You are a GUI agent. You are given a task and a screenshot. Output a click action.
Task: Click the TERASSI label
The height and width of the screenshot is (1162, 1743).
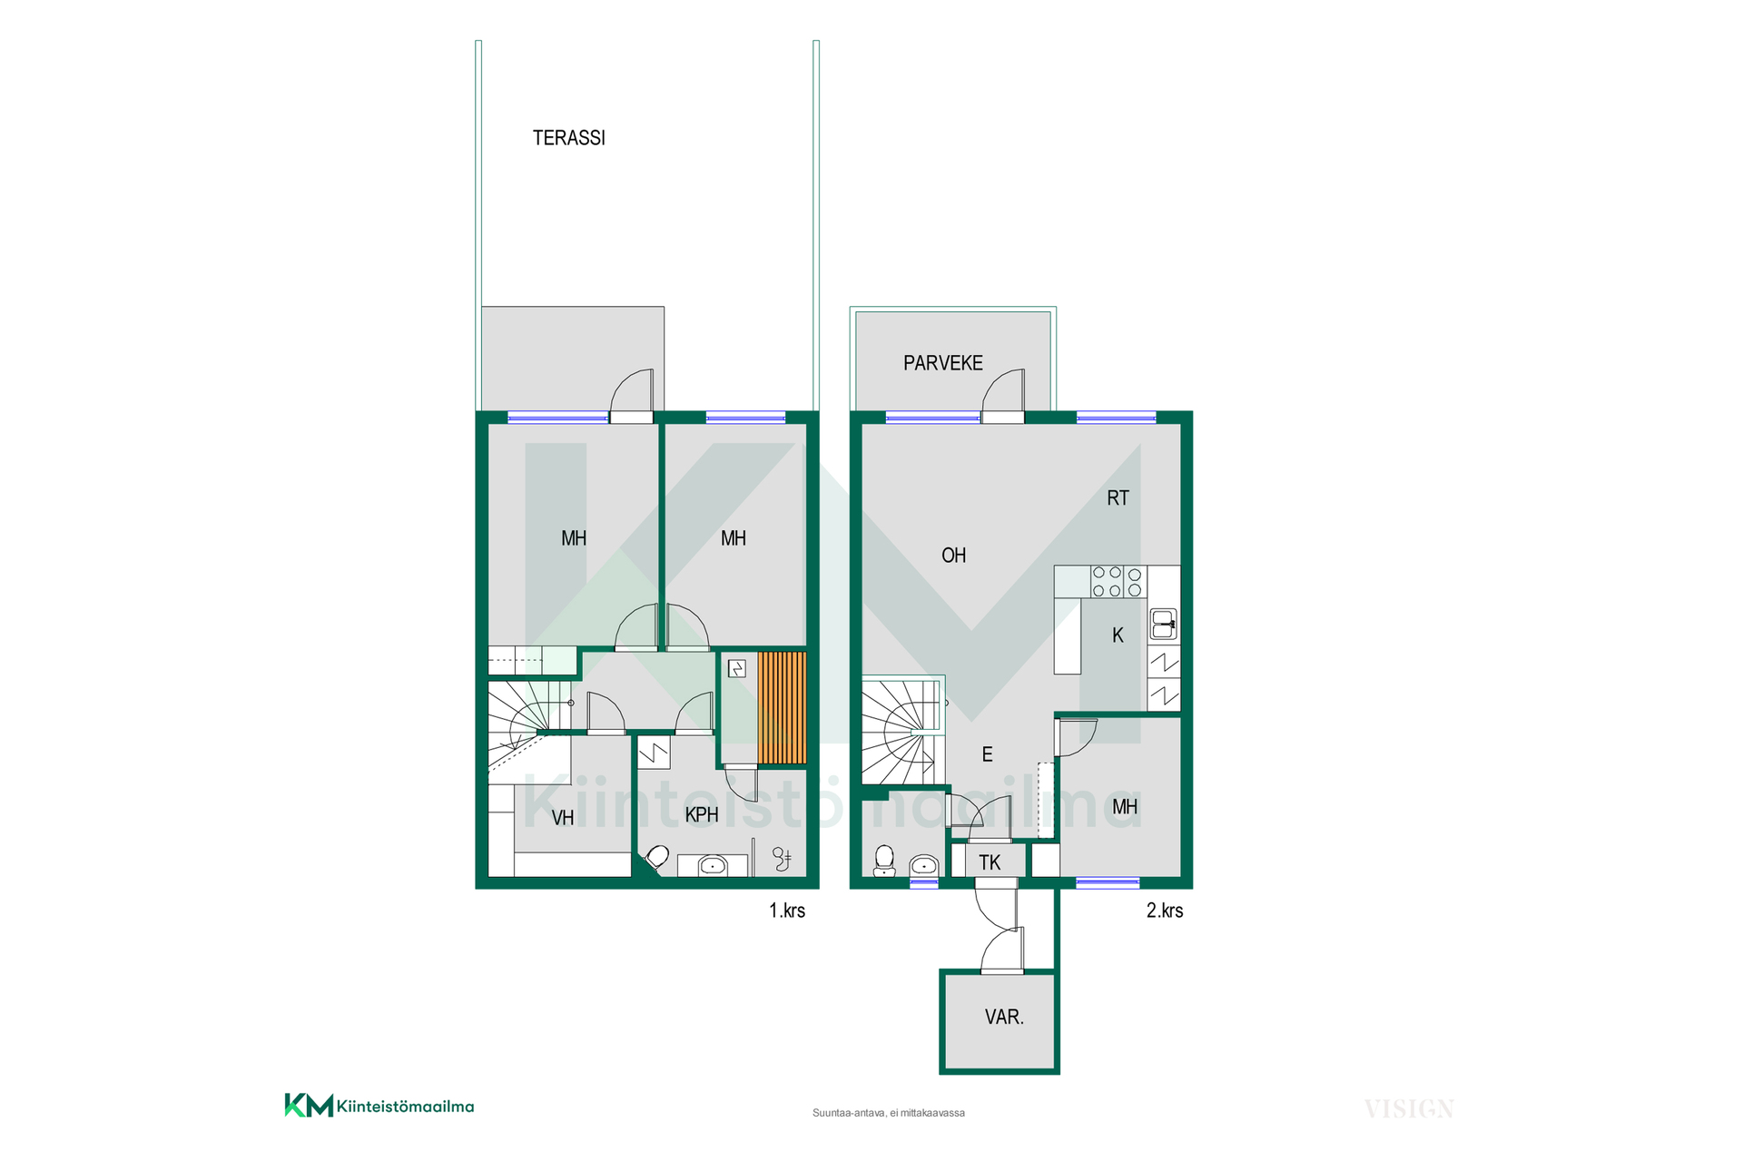click(568, 138)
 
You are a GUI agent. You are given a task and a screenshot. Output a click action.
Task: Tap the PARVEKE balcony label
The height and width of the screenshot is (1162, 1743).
click(942, 363)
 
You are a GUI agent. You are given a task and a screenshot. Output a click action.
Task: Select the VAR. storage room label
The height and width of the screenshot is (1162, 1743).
click(1004, 1017)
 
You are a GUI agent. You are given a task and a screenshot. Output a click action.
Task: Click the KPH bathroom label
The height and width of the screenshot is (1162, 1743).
click(702, 815)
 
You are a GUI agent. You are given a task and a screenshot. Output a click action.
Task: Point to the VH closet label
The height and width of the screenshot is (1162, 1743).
click(563, 818)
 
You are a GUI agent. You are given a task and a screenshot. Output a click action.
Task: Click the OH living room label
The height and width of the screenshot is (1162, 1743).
click(953, 556)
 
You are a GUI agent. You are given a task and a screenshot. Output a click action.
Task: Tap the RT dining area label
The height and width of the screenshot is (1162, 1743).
click(1118, 497)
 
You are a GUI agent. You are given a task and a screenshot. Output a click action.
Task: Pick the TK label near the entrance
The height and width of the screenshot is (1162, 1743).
click(990, 862)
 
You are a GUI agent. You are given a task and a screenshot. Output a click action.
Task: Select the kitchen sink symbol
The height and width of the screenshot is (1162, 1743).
click(1164, 625)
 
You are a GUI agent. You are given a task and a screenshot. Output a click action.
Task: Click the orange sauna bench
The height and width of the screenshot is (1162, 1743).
click(782, 707)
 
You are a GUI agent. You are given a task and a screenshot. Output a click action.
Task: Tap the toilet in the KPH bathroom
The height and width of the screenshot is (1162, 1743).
click(657, 858)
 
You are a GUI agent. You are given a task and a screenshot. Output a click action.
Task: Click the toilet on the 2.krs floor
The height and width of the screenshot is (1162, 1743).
click(884, 861)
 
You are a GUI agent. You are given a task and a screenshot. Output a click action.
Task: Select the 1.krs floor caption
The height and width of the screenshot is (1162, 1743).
click(787, 911)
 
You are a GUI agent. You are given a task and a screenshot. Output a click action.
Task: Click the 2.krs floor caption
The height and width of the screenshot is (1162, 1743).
click(1165, 911)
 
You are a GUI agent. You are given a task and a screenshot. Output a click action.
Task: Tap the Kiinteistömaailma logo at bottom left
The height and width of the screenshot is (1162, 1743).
click(379, 1106)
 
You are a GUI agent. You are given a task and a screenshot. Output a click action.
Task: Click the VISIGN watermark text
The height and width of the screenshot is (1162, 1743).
click(1409, 1109)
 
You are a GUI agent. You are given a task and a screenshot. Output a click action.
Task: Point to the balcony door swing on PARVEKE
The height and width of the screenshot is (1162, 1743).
click(1003, 391)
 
